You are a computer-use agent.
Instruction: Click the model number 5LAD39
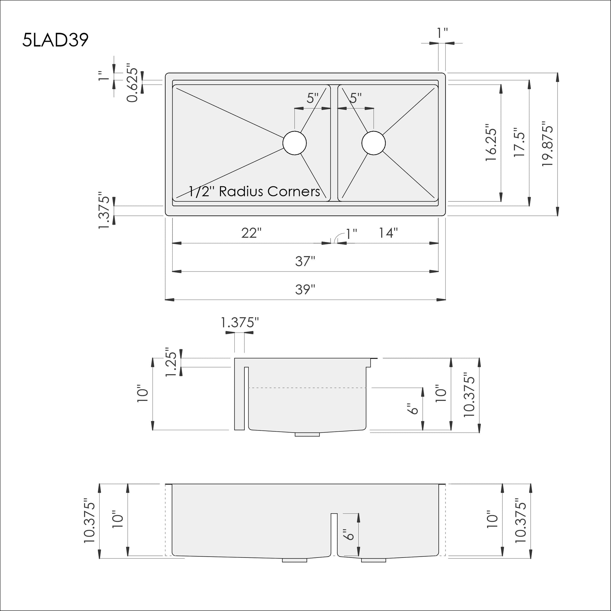pos(55,40)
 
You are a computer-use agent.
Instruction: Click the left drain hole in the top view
pos(295,143)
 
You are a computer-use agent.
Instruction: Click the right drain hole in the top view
pos(374,143)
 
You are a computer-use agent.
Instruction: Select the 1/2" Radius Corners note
pos(254,192)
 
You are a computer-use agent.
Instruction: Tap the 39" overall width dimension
pos(305,289)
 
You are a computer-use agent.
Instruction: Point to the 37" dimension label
pos(305,262)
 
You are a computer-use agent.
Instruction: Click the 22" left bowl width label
pos(251,233)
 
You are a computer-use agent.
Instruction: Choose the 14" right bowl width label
pos(388,233)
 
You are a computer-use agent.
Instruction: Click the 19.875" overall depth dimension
pos(547,144)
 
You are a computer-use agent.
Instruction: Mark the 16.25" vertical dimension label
pos(491,145)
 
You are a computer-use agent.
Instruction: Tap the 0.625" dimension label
pos(132,85)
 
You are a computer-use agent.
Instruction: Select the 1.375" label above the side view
pos(240,323)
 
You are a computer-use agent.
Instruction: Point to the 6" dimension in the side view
pos(413,408)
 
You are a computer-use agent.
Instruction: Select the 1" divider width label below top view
pos(351,234)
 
